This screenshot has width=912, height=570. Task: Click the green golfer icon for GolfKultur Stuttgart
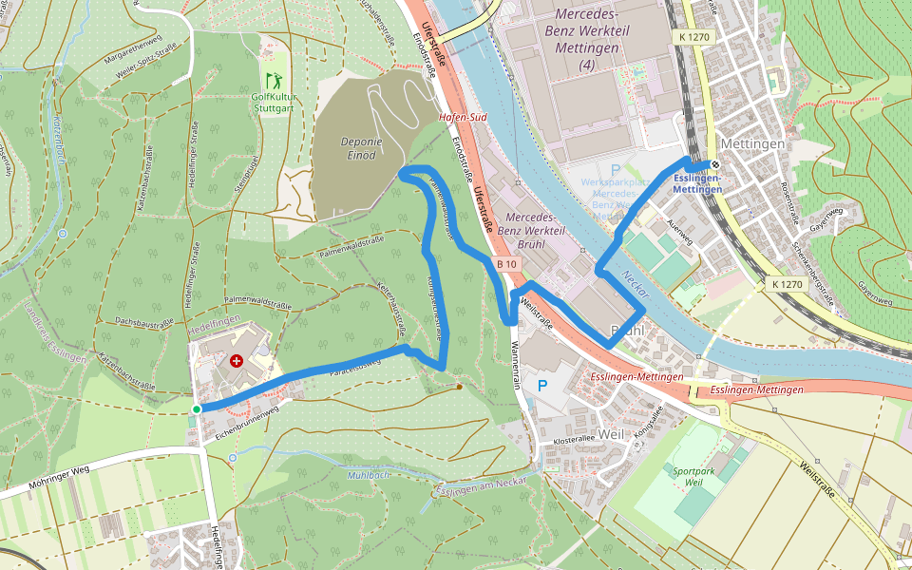point(274,80)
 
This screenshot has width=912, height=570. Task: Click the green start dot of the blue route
point(197,408)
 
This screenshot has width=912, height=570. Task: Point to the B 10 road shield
point(505,264)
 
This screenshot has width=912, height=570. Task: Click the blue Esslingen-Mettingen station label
point(696,183)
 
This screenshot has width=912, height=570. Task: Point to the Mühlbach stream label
point(370,474)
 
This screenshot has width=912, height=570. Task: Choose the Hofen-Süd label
point(463,118)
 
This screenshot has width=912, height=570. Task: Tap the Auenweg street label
point(680,228)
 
